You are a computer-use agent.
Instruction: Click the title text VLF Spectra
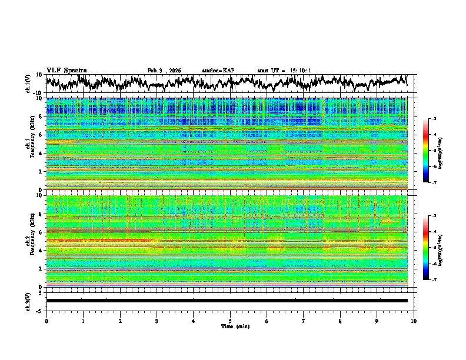(66, 70)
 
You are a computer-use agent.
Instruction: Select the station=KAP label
(218, 71)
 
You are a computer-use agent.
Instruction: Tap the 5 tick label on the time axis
(230, 321)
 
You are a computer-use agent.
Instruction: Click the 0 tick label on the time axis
(46, 321)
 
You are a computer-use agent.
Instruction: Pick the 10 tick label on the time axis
(414, 321)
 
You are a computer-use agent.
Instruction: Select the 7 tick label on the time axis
(303, 321)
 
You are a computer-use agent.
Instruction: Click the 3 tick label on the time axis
(157, 321)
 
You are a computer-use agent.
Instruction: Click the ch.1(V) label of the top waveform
(28, 84)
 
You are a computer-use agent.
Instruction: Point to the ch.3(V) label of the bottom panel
(28, 301)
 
